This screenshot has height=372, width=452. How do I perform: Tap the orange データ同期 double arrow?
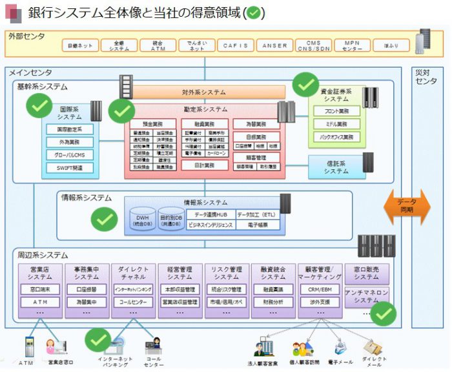click(407, 207)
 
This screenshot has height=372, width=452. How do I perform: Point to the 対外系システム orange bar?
click(203, 92)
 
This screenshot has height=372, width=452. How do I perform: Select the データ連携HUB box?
click(211, 214)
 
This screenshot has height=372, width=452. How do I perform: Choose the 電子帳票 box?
click(258, 225)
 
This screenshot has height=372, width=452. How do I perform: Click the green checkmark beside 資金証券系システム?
click(305, 84)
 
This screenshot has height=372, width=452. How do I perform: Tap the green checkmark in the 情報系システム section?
click(104, 220)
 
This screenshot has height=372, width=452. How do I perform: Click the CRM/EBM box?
click(320, 289)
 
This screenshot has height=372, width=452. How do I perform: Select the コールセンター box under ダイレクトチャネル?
click(134, 302)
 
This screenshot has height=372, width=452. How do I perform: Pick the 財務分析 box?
click(274, 302)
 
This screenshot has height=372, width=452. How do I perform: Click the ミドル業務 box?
click(336, 124)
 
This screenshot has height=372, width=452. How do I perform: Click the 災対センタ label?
click(427, 76)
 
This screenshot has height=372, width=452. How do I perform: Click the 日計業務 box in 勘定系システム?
click(203, 165)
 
